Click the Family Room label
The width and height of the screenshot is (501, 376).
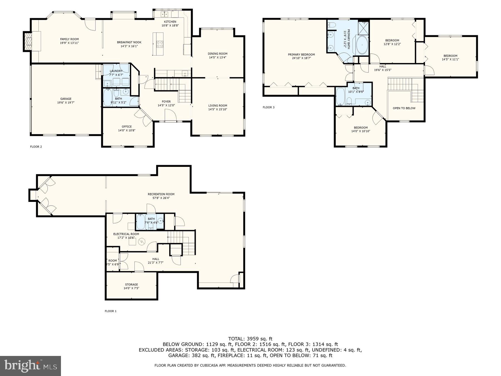[69, 39]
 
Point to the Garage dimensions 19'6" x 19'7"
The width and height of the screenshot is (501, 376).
[66, 102]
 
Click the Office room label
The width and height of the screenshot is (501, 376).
[127, 127]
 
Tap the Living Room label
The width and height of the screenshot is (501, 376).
[218, 106]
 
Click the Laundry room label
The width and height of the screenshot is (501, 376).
[116, 71]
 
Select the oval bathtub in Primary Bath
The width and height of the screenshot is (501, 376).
[362, 45]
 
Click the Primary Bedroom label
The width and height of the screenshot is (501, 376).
[301, 55]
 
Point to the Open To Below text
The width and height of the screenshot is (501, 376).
[404, 108]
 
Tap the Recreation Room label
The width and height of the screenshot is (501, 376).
[161, 194]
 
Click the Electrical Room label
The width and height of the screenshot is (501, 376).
[126, 234]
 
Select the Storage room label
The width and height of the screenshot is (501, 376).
[131, 285]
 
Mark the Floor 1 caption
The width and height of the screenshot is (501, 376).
[110, 311]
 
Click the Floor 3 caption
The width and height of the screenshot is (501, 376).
[269, 107]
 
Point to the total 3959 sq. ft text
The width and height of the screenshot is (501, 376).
[250, 339]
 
